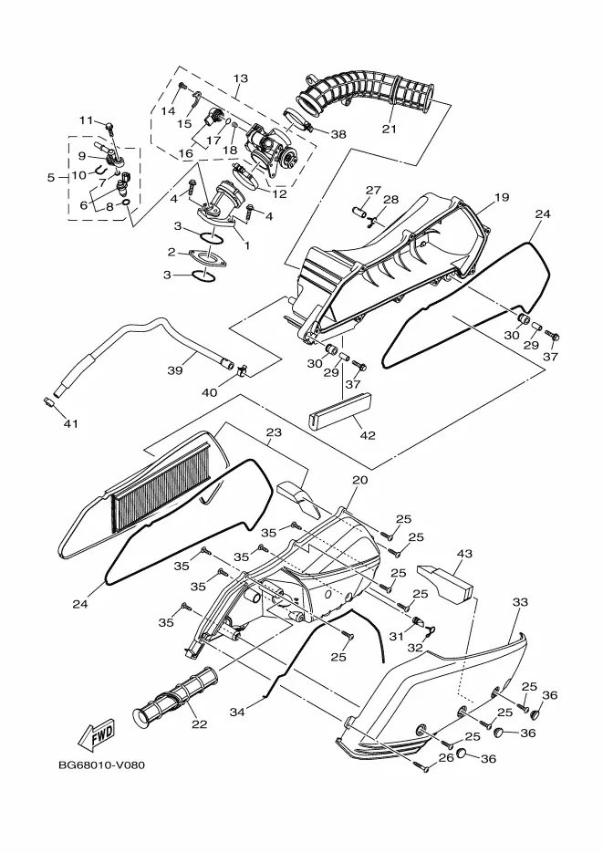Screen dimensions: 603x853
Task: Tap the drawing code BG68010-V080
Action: pyautogui.click(x=101, y=765)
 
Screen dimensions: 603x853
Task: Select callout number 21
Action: pyautogui.click(x=389, y=129)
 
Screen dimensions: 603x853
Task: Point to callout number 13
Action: pyautogui.click(x=240, y=78)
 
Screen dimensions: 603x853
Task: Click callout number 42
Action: pyautogui.click(x=369, y=435)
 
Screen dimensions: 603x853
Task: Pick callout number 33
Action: pyautogui.click(x=520, y=602)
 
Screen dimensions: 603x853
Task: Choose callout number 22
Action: pyautogui.click(x=200, y=724)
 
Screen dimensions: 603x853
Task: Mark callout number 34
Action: pyautogui.click(x=237, y=712)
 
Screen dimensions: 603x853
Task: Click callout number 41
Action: pyautogui.click(x=70, y=423)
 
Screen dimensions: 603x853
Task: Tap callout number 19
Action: pyautogui.click(x=502, y=197)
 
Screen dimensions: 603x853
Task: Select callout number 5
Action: pyautogui.click(x=51, y=177)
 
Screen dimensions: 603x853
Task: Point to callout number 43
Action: pyautogui.click(x=465, y=554)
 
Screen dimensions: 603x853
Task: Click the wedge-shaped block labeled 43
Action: pyautogui.click(x=445, y=580)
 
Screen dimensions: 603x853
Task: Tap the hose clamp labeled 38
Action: pyautogui.click(x=298, y=120)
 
